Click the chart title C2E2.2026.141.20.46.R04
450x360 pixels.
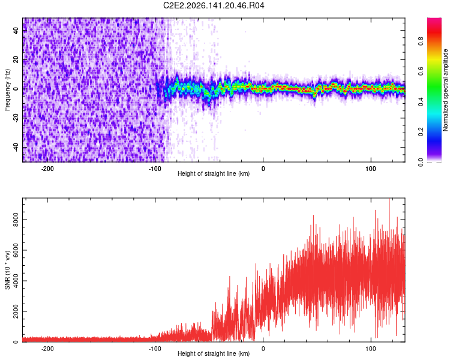214,5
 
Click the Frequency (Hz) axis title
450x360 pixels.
7,89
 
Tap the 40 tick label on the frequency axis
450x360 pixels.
16,31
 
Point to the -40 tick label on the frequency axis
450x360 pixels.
16,148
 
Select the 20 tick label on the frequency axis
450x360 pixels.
16,60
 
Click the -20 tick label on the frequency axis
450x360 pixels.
16,118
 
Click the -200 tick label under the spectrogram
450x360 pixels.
47,169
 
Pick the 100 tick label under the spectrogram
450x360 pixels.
371,169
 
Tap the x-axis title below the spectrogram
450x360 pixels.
214,173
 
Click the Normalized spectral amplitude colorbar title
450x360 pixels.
445,90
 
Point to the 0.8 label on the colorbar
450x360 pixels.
421,41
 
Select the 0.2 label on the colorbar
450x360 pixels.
421,132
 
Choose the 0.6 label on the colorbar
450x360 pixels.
421,71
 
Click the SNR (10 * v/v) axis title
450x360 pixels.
7,270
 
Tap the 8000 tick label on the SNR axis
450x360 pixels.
16,220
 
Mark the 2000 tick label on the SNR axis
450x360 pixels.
16,311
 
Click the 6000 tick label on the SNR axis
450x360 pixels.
16,250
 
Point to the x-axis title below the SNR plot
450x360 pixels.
214,353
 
